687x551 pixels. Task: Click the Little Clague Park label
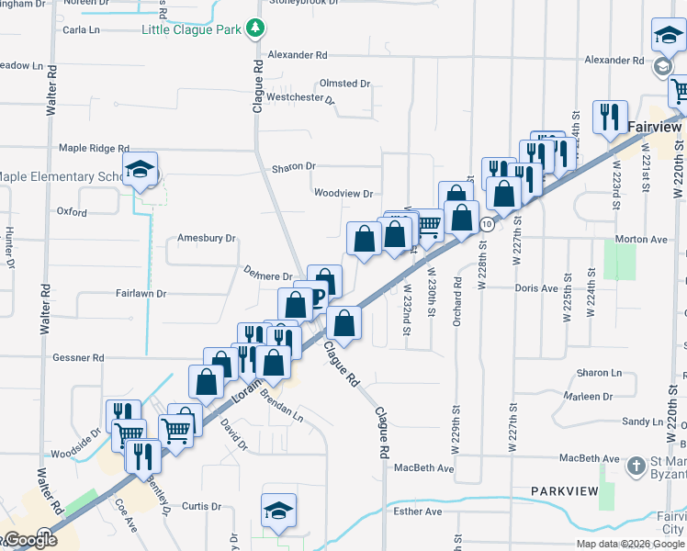click(x=191, y=29)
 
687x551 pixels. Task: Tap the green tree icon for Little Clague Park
click(x=254, y=29)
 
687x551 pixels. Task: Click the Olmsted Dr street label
click(x=344, y=84)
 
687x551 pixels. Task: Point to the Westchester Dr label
click(x=300, y=97)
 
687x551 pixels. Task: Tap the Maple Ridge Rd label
click(x=94, y=148)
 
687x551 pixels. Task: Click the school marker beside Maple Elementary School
click(x=141, y=170)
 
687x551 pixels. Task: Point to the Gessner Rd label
click(x=79, y=357)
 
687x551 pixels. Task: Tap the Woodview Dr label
click(x=343, y=194)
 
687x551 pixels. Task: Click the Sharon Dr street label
click(x=293, y=167)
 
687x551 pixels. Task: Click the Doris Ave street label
click(x=536, y=288)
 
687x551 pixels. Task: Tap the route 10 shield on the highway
click(x=487, y=224)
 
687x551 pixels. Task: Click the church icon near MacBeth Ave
click(x=636, y=466)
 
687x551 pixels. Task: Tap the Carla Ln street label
click(x=82, y=29)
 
